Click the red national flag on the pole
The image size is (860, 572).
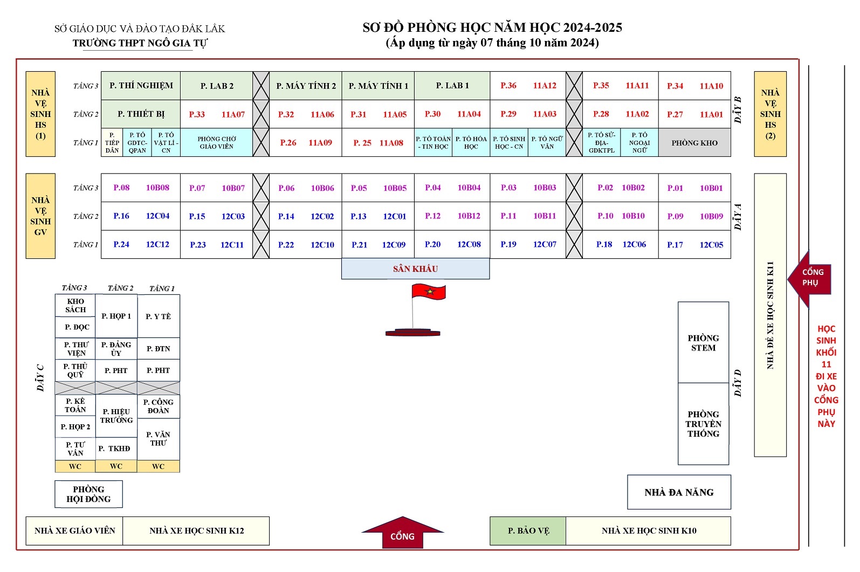(x=429, y=291)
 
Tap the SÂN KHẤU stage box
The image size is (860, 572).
(x=415, y=268)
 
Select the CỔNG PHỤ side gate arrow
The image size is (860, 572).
(x=809, y=279)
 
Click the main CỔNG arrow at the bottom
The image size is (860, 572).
(x=402, y=533)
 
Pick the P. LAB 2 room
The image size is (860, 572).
(x=217, y=86)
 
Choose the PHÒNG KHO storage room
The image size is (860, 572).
(x=694, y=142)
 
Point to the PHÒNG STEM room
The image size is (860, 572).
(x=703, y=342)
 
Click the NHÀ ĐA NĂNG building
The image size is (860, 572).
(x=679, y=492)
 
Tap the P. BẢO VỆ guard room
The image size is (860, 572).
(x=528, y=531)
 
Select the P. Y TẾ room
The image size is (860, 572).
(x=158, y=316)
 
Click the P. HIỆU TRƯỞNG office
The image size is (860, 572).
(x=116, y=416)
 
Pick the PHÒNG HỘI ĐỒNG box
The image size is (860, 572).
(x=88, y=494)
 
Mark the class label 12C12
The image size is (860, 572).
(x=157, y=244)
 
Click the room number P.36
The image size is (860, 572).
(x=508, y=85)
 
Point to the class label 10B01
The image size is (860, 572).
(x=711, y=188)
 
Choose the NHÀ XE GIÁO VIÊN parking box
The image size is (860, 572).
(x=74, y=531)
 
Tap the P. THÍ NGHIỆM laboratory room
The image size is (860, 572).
(x=141, y=86)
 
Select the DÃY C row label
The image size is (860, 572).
(x=40, y=378)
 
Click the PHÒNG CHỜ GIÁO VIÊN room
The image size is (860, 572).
(x=217, y=142)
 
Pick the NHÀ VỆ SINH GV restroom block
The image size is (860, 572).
(x=40, y=216)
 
